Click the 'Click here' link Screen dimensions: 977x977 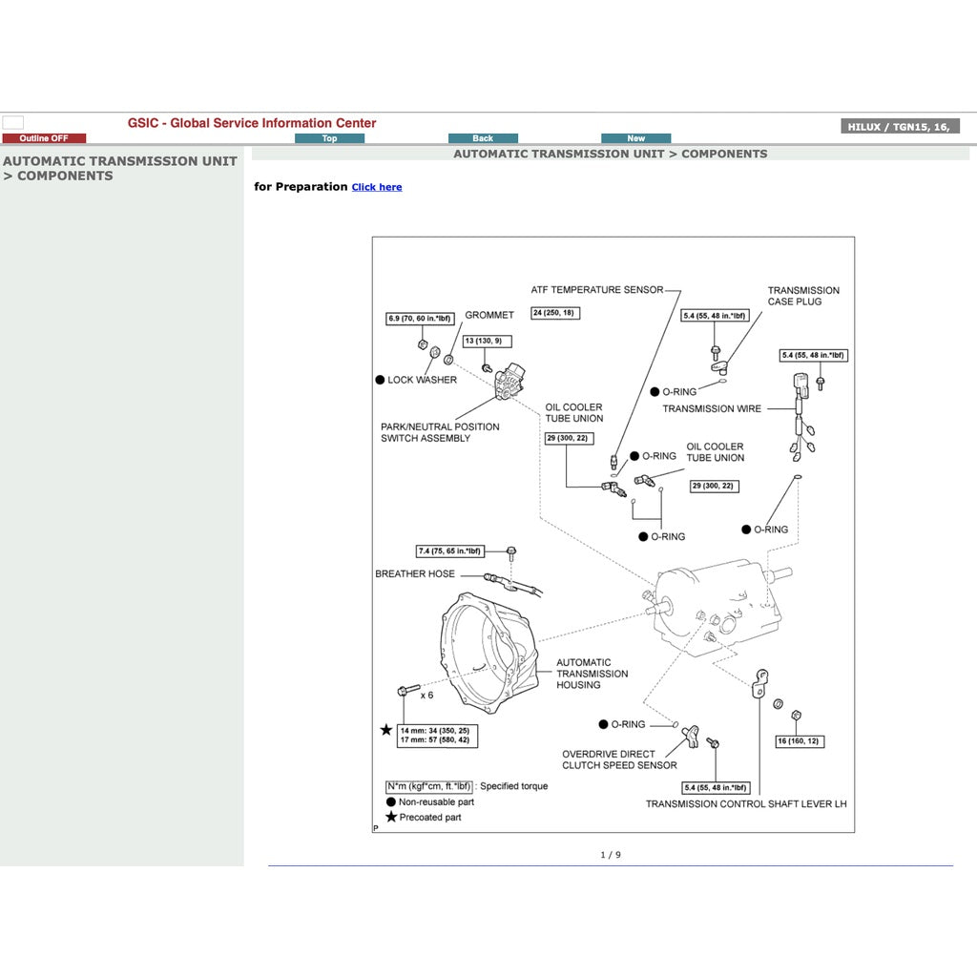[376, 187]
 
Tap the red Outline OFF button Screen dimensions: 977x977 [44, 138]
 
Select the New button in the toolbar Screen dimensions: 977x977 [635, 138]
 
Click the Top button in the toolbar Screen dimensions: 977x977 [329, 138]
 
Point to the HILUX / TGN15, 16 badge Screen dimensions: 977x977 [900, 127]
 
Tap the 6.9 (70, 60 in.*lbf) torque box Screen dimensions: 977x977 [420, 319]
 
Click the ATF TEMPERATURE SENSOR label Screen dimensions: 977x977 [596, 290]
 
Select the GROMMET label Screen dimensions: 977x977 [489, 315]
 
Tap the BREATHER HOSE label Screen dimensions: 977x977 [415, 574]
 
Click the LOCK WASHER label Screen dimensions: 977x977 [422, 380]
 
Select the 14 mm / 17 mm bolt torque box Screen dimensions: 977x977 [438, 736]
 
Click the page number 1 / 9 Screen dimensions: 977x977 [611, 855]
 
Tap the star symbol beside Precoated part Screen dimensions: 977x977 [391, 818]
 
